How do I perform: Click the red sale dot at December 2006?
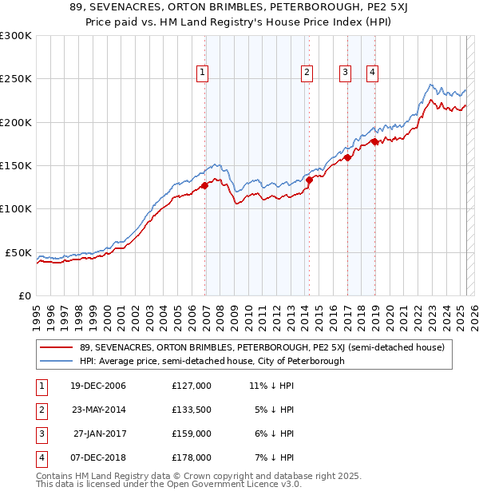click(x=204, y=185)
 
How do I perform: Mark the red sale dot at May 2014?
click(x=309, y=180)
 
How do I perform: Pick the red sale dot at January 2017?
click(x=347, y=158)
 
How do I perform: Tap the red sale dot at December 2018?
click(x=374, y=141)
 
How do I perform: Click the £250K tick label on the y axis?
click(x=16, y=79)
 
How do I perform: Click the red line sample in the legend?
click(x=56, y=347)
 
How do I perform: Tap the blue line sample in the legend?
click(x=56, y=361)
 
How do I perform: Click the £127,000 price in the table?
click(x=192, y=386)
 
